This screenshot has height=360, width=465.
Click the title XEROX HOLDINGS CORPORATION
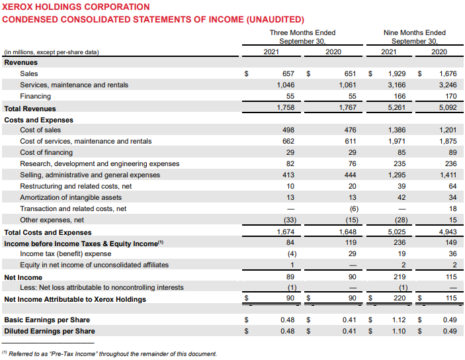click(x=76, y=7)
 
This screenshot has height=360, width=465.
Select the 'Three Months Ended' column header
click(x=302, y=32)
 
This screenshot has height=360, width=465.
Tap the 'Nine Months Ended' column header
click(x=414, y=32)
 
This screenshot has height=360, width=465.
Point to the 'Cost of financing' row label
click(x=46, y=152)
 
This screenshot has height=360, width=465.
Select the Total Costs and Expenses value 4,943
click(x=447, y=232)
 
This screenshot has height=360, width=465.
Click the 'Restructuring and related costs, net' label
click(x=75, y=186)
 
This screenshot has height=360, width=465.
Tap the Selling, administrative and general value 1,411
click(x=447, y=175)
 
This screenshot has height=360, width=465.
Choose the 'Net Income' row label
click(x=23, y=277)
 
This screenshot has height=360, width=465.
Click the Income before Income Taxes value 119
click(x=350, y=243)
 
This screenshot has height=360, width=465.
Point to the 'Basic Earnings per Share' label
click(x=47, y=320)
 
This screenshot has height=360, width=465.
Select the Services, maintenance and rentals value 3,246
click(x=447, y=85)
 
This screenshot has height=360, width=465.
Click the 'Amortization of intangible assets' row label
click(x=71, y=197)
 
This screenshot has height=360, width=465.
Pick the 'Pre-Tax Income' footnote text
click(x=112, y=354)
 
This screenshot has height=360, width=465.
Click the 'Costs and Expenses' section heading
click(x=39, y=120)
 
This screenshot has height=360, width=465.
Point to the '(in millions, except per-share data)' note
click(x=52, y=52)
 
